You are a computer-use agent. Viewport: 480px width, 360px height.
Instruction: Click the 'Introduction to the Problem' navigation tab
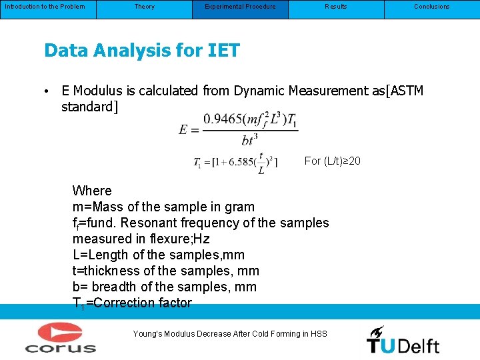point(45,7)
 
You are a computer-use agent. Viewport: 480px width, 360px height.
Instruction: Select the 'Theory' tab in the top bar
point(144,7)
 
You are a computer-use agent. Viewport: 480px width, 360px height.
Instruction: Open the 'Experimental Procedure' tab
point(240,7)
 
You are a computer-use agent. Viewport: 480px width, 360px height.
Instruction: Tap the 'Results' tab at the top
point(335,7)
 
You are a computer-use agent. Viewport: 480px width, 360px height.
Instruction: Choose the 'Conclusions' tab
point(431,7)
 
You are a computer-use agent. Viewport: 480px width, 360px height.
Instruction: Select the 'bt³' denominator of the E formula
point(250,139)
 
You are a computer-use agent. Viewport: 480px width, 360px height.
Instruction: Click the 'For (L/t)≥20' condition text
point(332,161)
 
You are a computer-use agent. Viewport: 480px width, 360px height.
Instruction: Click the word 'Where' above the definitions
point(92,191)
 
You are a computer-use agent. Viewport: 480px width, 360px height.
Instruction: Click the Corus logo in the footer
point(61,337)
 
